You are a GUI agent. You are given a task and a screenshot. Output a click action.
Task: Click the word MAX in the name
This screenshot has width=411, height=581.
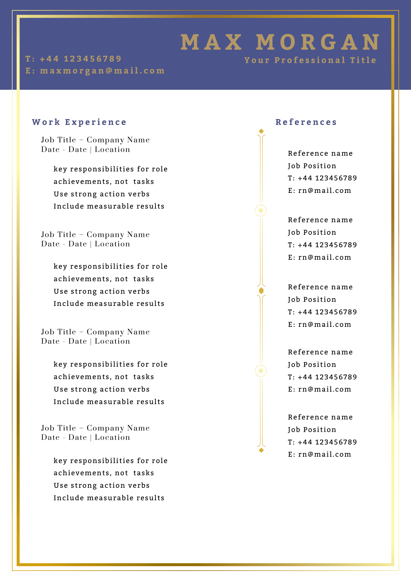[211, 42]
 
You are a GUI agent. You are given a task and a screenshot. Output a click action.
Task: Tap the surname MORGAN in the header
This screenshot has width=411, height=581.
[318, 42]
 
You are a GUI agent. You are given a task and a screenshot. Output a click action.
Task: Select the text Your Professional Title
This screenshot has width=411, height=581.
[310, 60]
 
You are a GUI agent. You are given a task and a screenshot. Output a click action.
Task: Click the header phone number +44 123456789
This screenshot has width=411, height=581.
[81, 59]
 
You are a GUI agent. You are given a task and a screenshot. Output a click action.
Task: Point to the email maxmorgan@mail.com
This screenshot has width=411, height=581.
[102, 71]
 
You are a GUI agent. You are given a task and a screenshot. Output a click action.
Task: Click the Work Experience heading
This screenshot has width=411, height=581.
[79, 122]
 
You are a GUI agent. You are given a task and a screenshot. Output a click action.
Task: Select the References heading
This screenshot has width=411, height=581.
[306, 122]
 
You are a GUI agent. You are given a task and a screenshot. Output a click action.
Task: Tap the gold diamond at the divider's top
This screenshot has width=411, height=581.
[261, 131]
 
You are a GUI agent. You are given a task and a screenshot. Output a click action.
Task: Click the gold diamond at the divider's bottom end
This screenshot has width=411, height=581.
[261, 450]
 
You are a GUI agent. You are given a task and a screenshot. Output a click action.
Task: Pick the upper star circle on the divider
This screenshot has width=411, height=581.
[261, 211]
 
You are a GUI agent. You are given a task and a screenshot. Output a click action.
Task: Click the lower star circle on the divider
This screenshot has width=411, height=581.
[261, 371]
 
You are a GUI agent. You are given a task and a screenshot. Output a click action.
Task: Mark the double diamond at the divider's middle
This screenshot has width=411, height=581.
[261, 290]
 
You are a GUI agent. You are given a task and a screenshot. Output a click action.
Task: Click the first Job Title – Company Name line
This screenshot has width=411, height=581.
[95, 140]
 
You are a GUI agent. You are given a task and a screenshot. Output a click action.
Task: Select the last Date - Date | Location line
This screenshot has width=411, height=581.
[85, 437]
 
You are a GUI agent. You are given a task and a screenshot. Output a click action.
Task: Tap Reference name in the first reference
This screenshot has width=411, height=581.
[320, 153]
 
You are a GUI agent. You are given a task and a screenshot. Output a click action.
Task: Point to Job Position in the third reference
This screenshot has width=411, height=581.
[312, 300]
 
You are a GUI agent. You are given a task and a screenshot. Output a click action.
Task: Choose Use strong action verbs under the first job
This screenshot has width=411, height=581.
[101, 194]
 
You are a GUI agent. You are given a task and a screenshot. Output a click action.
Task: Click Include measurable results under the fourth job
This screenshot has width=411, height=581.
[109, 498]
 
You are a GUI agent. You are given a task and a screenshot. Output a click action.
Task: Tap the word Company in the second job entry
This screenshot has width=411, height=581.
[106, 235]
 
